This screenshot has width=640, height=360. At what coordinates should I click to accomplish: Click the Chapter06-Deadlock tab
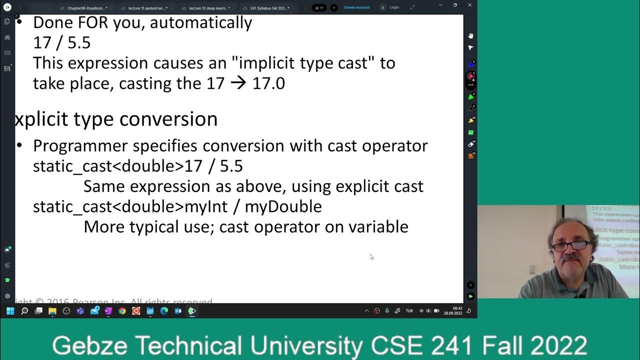click(85, 8)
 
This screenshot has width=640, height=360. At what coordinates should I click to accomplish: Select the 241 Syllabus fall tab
click(268, 8)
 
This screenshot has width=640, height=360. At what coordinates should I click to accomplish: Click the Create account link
click(356, 7)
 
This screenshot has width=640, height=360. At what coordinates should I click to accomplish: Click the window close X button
click(469, 5)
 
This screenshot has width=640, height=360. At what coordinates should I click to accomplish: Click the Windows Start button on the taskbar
click(10, 311)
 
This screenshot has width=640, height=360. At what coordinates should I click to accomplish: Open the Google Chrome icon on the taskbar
click(122, 311)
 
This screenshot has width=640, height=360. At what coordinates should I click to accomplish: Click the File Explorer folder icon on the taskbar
click(52, 311)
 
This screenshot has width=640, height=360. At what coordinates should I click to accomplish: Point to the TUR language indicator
click(409, 311)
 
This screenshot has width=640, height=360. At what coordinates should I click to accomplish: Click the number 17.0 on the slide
click(268, 83)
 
